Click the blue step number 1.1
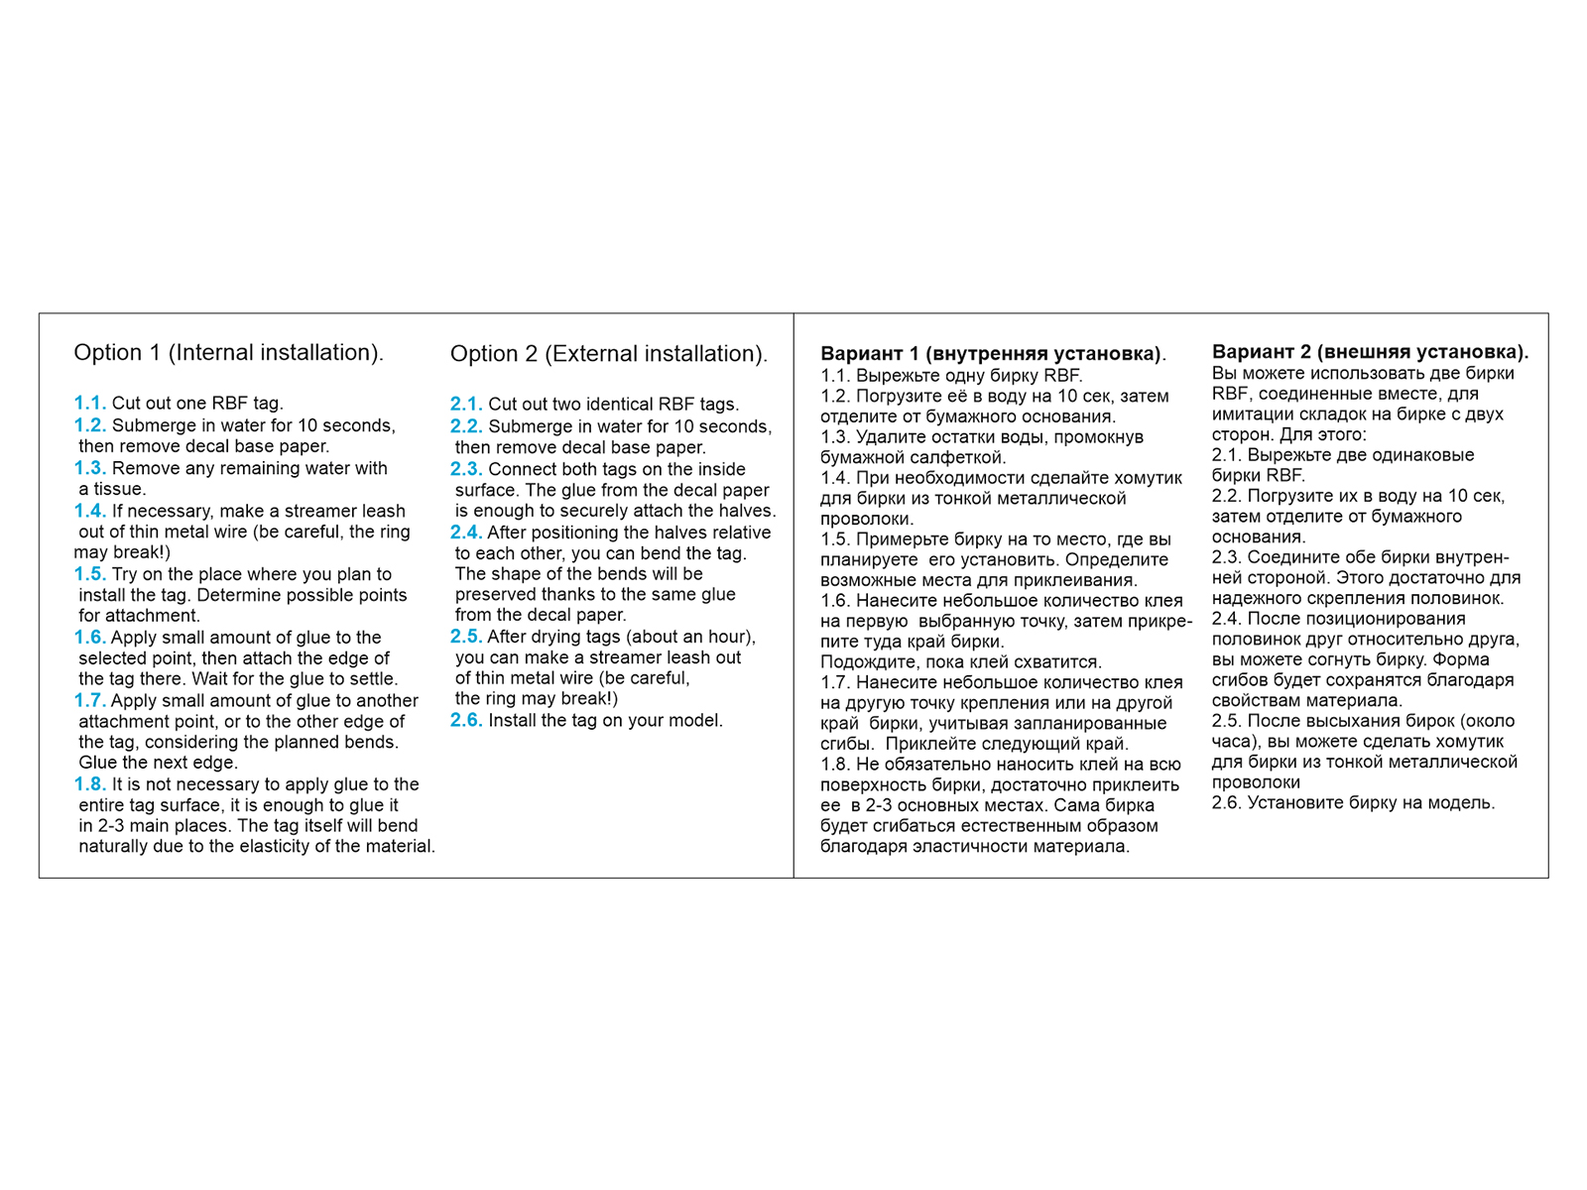[x=89, y=403]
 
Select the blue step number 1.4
[x=89, y=511]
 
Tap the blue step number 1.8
[x=89, y=784]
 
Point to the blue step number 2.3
[x=466, y=469]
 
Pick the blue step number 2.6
[x=466, y=720]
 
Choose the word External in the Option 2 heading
[x=594, y=354]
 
